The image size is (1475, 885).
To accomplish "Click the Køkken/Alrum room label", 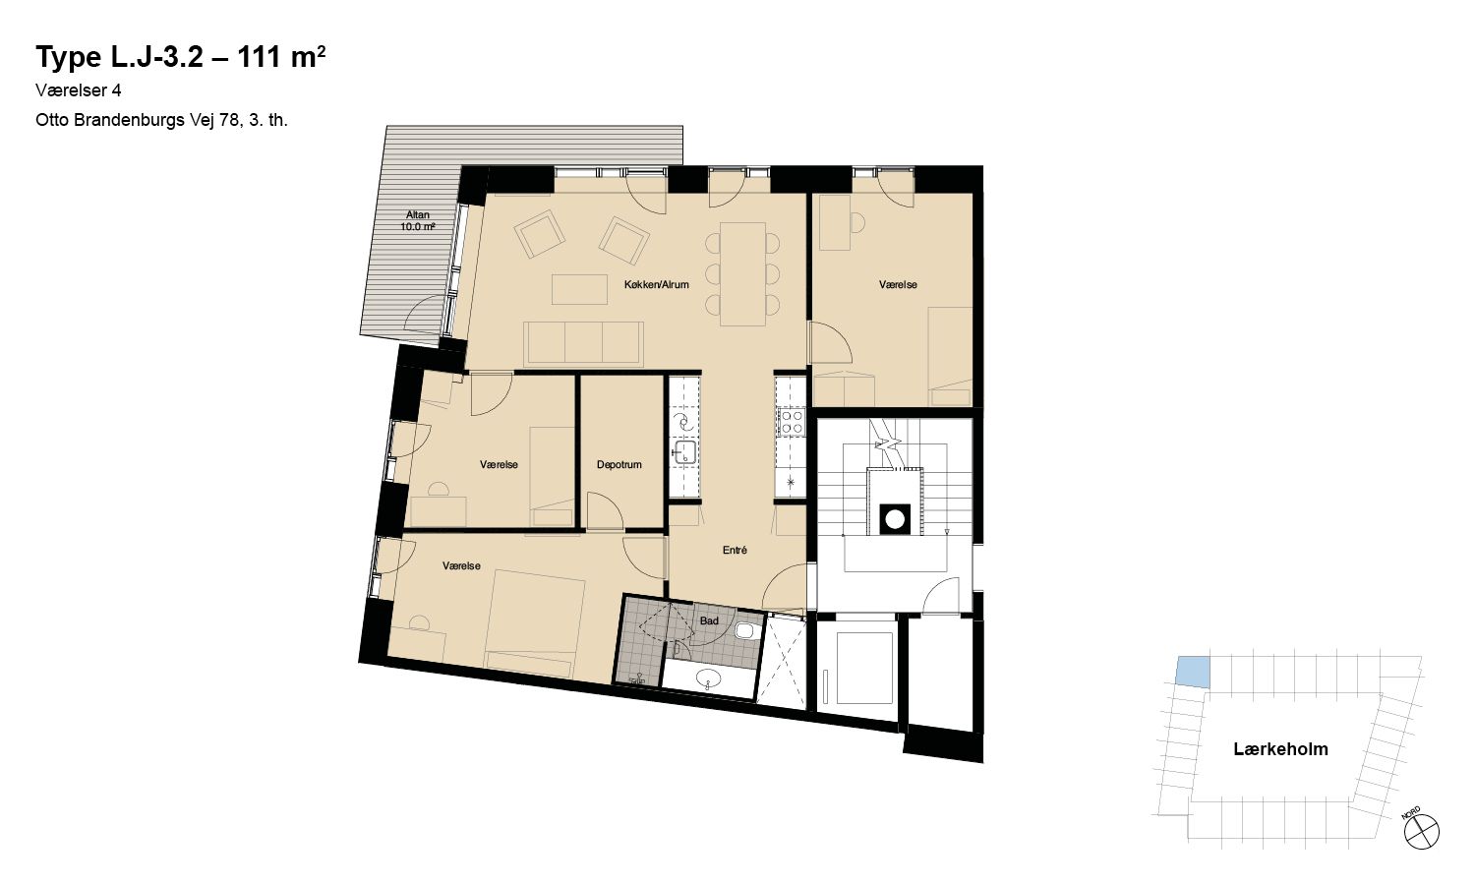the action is pyautogui.click(x=656, y=284).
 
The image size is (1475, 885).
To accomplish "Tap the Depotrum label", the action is pyautogui.click(x=619, y=464).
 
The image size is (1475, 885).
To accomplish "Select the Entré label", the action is pyautogui.click(x=735, y=550).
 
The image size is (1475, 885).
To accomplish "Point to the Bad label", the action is pyautogui.click(x=709, y=620).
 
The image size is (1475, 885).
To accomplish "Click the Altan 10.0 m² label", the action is pyautogui.click(x=418, y=220).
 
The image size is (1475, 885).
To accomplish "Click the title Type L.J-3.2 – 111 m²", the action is pyautogui.click(x=180, y=57).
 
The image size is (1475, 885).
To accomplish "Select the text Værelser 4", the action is pyautogui.click(x=79, y=90).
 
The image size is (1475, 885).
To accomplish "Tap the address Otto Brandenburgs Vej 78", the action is pyautogui.click(x=138, y=121).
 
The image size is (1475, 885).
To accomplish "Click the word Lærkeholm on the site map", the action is pyautogui.click(x=1280, y=748).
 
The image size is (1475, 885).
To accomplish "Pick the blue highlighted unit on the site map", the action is pyautogui.click(x=1193, y=673).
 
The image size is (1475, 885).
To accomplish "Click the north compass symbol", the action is pyautogui.click(x=1421, y=831).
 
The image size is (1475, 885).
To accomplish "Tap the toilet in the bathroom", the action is pyautogui.click(x=744, y=631).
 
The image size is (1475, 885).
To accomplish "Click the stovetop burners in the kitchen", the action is pyautogui.click(x=791, y=422).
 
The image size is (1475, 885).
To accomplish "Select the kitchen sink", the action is pyautogui.click(x=684, y=452).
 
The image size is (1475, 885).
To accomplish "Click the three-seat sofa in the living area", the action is pyautogui.click(x=583, y=344).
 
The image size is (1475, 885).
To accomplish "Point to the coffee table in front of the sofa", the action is pyautogui.click(x=579, y=290).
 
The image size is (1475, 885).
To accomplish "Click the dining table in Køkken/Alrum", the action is pyautogui.click(x=742, y=274).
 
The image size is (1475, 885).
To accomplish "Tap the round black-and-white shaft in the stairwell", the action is pyautogui.click(x=895, y=519).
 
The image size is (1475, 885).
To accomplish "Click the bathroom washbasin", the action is pyautogui.click(x=708, y=677).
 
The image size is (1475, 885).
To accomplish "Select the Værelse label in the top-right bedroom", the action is pyautogui.click(x=898, y=284).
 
